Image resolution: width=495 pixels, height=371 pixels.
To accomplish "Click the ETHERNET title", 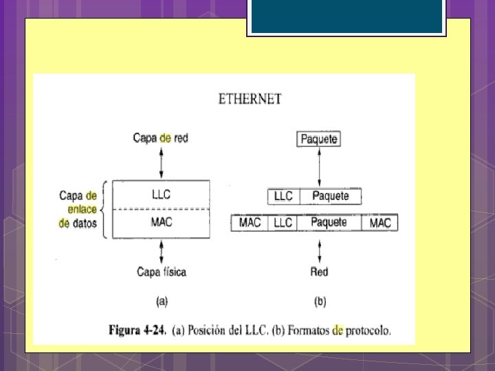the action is point(250,99).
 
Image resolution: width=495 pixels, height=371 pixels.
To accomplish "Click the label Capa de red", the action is point(160,138).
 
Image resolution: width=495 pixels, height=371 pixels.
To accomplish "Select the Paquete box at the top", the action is point(319,139).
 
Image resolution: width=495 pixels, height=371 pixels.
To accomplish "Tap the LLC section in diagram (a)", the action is point(162,194).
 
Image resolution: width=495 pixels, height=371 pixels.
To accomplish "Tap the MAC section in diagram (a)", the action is point(162,223).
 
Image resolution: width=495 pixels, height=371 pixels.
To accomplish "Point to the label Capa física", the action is point(162,271).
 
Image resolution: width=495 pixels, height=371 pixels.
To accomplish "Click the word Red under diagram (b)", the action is point(319,272).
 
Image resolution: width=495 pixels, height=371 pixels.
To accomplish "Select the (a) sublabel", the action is point(162,300).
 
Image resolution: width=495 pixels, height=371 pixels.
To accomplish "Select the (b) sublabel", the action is point(320,300).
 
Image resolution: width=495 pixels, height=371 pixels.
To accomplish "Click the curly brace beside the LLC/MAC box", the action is point(103,209).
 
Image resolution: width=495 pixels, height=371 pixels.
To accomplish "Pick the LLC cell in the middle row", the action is point(283,196).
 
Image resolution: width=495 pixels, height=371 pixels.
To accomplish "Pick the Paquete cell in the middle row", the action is point(331,196).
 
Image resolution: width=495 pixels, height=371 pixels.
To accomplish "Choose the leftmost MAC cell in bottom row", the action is point(250,223).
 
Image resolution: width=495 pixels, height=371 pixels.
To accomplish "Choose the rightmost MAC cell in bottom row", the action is point(380,223).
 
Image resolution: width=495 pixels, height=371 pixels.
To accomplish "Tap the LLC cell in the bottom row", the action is point(283,223).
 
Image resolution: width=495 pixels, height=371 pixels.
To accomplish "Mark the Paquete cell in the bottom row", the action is point(329,223).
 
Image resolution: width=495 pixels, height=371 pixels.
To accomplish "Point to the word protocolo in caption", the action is point(368,330).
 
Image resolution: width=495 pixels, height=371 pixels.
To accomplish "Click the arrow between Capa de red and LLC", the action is point(162,164).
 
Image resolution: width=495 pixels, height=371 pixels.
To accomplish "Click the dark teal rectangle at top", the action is point(346,17).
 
